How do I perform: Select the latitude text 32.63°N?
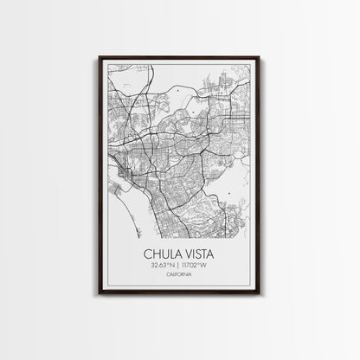[162, 266]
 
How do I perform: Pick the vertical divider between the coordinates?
[180, 266]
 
